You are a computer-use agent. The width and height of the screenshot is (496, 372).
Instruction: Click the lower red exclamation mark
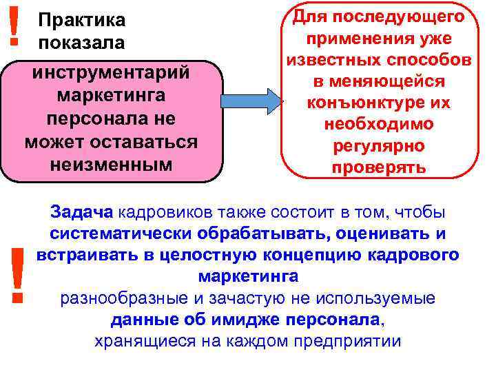pyautogui.click(x=17, y=275)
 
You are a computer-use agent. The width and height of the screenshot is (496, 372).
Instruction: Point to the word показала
pyautogui.click(x=82, y=43)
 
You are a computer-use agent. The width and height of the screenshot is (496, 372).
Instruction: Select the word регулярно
pyautogui.click(x=378, y=147)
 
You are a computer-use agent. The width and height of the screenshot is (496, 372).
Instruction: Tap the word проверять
pyautogui.click(x=378, y=168)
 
